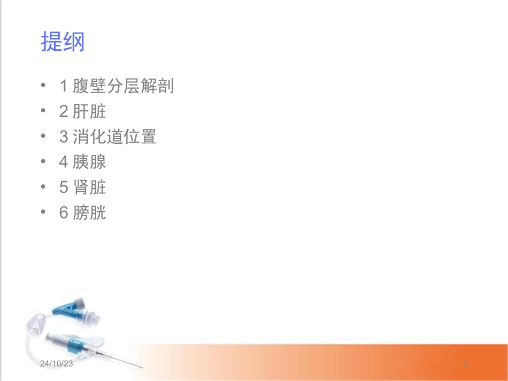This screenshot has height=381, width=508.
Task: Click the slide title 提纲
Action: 63,42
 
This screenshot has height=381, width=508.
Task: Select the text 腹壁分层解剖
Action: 124,86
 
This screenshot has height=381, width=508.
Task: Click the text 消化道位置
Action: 115,137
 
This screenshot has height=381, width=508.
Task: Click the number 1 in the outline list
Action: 64,86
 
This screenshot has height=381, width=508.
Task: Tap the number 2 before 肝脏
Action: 64,112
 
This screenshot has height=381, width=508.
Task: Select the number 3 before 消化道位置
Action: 64,137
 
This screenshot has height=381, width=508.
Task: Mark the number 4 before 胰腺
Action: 64,162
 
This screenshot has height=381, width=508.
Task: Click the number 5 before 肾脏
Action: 64,188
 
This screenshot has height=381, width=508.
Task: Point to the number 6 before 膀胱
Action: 64,213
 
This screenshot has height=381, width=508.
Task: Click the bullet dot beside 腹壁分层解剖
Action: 43,86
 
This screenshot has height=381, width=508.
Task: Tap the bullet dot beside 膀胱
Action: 43,213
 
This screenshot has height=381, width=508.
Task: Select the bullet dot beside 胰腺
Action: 43,162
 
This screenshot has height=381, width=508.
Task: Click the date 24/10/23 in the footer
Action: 56,363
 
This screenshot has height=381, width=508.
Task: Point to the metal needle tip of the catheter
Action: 141,368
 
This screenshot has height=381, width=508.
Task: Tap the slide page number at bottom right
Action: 466,364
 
